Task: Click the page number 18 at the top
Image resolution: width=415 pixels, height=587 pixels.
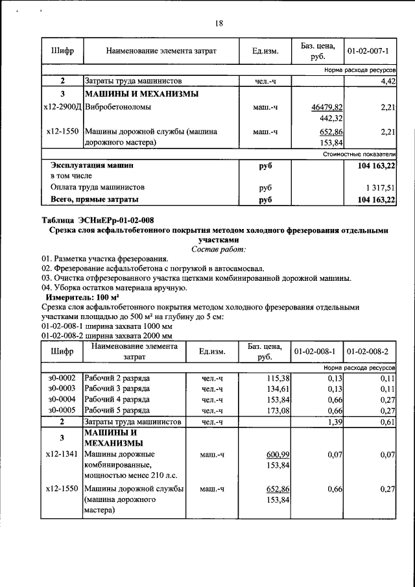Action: [x=219, y=23]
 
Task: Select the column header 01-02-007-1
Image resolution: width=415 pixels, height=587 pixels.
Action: [x=368, y=50]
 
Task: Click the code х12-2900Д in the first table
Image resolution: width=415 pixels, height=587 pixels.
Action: [x=61, y=106]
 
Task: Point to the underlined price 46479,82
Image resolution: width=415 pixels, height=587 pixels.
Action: [x=327, y=106]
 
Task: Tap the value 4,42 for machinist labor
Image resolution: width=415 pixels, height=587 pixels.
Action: [x=388, y=81]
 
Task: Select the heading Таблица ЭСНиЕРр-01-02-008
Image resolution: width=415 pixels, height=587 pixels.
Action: [x=98, y=220]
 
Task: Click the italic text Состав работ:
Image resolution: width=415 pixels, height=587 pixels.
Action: [x=219, y=249]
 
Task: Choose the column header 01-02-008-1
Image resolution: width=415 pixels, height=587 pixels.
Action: [x=314, y=352]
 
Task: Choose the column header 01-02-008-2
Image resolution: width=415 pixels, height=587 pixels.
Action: [x=368, y=352]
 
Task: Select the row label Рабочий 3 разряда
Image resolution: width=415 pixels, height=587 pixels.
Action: [x=117, y=389]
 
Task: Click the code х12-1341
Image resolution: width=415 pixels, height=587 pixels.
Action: [x=62, y=455]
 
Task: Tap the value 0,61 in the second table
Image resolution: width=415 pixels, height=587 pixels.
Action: [x=387, y=422]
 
